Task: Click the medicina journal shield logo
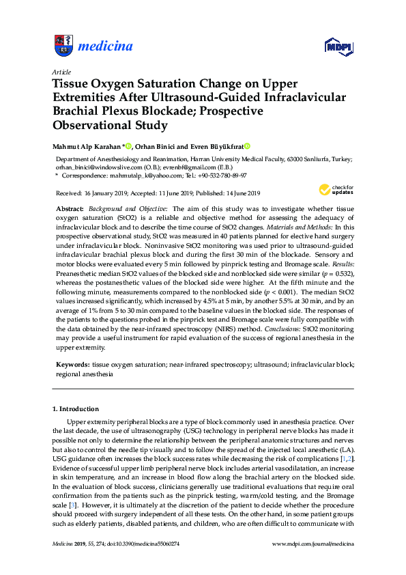[62, 46]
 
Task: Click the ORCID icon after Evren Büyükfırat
[247, 145]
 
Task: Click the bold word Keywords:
[72, 365]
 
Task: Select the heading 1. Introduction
[76, 409]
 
